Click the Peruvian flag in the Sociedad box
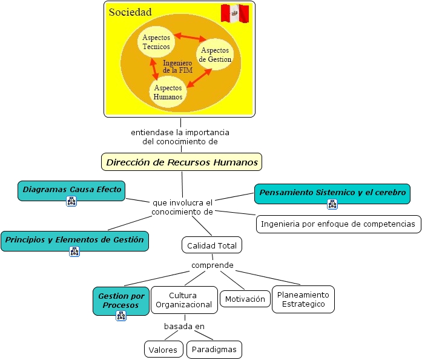click(235, 13)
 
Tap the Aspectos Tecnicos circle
click(156, 42)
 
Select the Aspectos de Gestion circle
click(215, 55)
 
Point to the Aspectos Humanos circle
click(168, 92)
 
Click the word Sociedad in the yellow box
click(130, 12)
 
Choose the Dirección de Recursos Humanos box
click(182, 162)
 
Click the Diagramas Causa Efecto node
click(71, 190)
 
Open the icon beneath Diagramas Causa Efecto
click(71, 201)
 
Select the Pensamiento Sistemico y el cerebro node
click(332, 194)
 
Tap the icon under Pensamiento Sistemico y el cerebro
click(332, 204)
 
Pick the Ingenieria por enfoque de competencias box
click(338, 224)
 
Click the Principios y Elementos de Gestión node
click(75, 241)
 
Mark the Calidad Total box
click(212, 245)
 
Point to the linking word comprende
click(213, 265)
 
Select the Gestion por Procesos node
click(121, 301)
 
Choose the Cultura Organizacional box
click(184, 300)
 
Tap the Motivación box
click(245, 299)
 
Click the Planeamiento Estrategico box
click(303, 299)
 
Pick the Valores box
click(163, 350)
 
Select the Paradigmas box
click(214, 350)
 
